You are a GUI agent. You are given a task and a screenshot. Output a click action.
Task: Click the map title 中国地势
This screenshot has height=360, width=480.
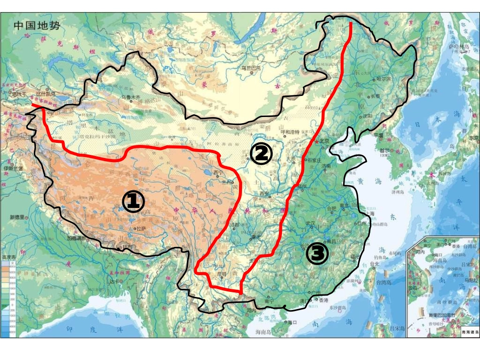37,25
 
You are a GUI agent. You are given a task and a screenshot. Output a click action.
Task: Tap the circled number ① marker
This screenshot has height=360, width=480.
133,201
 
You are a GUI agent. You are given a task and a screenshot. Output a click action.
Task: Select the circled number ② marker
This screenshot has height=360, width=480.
262,153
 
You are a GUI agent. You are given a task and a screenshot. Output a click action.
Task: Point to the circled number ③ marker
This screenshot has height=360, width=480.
317,253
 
